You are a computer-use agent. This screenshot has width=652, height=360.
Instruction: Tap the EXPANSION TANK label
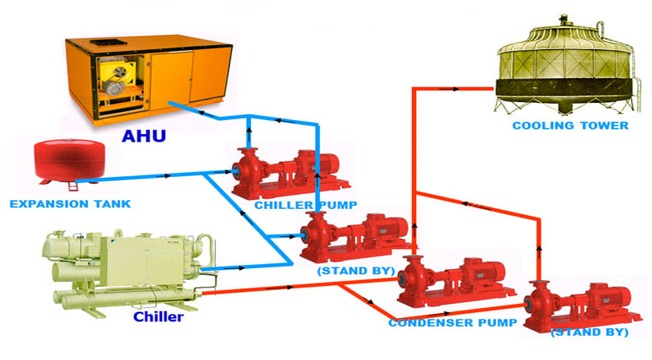point(70,204)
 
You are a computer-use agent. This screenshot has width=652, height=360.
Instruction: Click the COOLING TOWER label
point(570,125)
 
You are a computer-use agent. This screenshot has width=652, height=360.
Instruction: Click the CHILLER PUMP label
point(305,206)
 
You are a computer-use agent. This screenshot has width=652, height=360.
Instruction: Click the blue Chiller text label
point(158,316)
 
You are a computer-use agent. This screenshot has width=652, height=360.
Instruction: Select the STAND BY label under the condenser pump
point(589,332)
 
